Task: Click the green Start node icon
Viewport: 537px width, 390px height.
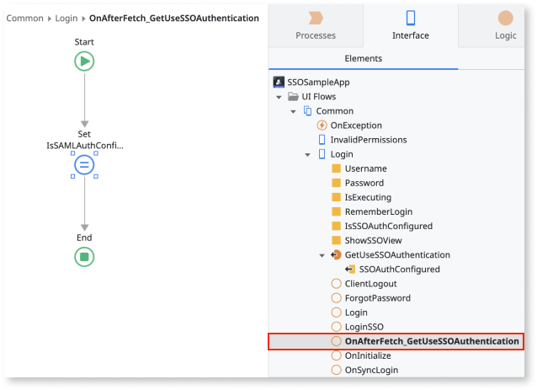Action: (x=84, y=61)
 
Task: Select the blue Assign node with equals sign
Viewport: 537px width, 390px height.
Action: (x=84, y=164)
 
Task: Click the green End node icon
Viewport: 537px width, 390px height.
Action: (x=84, y=257)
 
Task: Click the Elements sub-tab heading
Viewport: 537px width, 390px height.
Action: (x=364, y=59)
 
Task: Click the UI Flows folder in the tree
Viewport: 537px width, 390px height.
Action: (x=318, y=97)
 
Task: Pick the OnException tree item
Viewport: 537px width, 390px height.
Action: (x=355, y=126)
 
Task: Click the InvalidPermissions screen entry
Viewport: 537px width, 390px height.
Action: (x=368, y=140)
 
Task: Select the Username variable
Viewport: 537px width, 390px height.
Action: (x=365, y=168)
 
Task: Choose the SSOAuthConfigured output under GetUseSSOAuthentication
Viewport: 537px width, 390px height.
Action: (x=399, y=270)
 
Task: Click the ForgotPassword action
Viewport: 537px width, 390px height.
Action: (x=377, y=298)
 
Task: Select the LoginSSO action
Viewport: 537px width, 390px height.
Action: (x=364, y=327)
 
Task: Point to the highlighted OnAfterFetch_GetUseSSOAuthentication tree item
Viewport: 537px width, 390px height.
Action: (x=431, y=341)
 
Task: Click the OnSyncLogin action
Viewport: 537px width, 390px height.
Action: (x=371, y=370)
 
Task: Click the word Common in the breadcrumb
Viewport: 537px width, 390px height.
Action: (x=25, y=18)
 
